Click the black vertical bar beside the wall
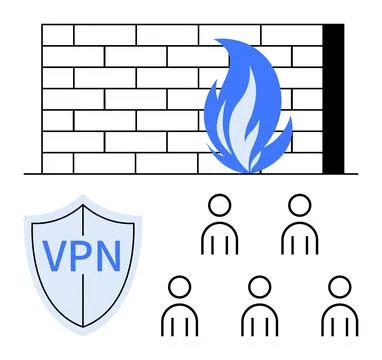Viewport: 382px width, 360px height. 333,98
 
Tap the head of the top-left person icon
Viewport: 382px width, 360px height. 219,206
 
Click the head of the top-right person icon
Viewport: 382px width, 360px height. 299,206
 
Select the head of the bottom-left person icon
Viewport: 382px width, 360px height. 179,288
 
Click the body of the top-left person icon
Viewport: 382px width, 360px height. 219,238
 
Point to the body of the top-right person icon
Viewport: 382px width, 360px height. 299,238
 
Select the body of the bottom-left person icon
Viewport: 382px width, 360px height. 179,320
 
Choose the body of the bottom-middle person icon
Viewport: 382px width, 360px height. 259,320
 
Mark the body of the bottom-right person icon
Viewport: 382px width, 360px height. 339,320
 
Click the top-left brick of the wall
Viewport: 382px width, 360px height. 57,35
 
